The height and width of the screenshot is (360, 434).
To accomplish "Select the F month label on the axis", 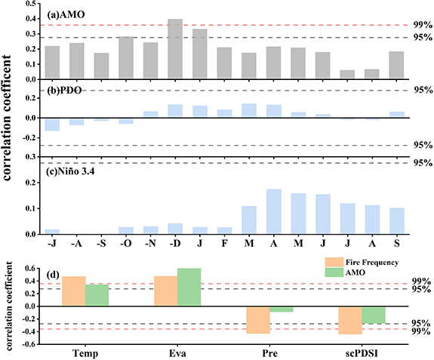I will (x=223, y=244).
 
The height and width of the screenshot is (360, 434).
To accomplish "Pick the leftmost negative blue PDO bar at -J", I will (x=52, y=125).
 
